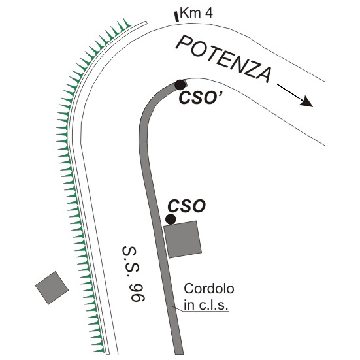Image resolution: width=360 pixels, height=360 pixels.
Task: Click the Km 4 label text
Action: (x=197, y=13)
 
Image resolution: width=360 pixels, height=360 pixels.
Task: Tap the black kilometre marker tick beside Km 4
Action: (x=176, y=16)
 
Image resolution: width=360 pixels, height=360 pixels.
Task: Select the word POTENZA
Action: (x=224, y=59)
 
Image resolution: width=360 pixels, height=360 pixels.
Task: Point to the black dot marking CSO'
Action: (x=180, y=85)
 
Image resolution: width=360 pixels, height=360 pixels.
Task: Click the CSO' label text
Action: (x=199, y=97)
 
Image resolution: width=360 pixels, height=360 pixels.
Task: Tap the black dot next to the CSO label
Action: (x=171, y=220)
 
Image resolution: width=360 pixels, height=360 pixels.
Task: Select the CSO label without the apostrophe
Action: (x=187, y=206)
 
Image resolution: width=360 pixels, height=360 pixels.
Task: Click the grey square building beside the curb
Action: (x=182, y=240)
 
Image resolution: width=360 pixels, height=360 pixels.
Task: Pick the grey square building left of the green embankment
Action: (x=52, y=288)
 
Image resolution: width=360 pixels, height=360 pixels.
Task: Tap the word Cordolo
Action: (x=208, y=289)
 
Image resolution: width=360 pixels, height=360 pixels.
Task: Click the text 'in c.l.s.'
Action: (x=206, y=305)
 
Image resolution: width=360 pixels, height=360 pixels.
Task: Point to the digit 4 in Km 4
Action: (x=208, y=13)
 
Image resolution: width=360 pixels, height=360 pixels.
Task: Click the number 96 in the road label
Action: (x=138, y=293)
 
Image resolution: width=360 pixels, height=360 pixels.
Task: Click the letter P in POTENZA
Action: (x=184, y=44)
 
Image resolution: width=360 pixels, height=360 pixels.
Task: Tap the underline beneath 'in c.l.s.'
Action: (x=206, y=312)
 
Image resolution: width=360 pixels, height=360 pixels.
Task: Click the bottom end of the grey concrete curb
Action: (x=179, y=354)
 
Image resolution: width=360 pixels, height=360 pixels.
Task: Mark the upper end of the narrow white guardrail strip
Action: (x=145, y=22)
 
